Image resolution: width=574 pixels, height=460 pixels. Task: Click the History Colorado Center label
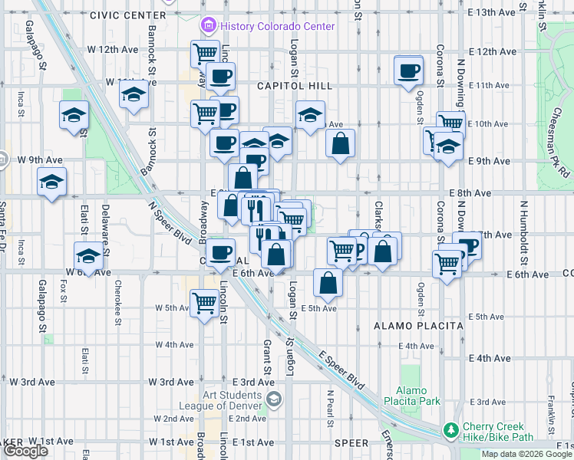[x=277, y=26]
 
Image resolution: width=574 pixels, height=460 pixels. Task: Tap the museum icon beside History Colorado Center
[x=207, y=26]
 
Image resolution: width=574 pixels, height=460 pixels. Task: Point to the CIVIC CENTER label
[x=127, y=15]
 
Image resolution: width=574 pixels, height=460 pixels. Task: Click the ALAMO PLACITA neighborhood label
[x=418, y=325]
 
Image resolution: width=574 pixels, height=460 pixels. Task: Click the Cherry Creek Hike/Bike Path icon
[x=451, y=432]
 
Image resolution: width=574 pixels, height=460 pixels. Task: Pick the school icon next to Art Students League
[x=274, y=399]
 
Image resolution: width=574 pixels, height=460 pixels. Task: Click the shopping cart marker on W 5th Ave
[x=204, y=302]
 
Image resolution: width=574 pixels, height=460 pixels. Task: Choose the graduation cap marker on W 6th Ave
[x=88, y=255]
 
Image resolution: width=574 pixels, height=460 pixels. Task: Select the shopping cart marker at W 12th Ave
[x=205, y=54]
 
